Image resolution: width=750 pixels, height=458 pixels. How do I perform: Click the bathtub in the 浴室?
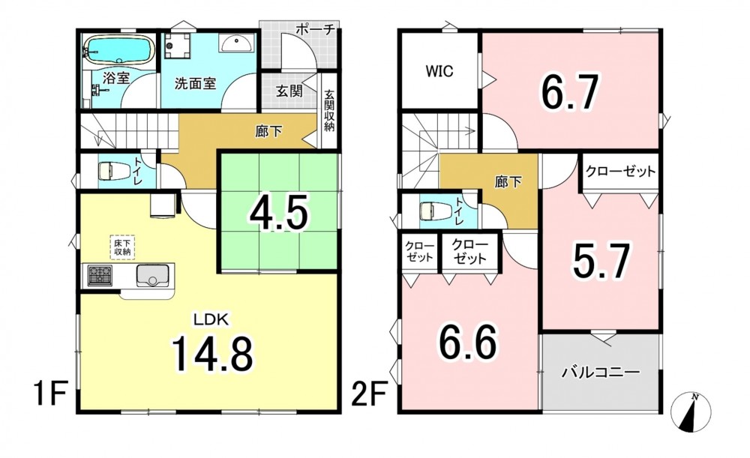pos(118,49)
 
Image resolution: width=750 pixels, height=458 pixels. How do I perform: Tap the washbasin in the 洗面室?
pos(236,43)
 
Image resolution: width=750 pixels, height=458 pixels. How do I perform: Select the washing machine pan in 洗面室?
pos(178,45)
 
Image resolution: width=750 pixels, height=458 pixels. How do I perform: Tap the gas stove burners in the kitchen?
pos(100,275)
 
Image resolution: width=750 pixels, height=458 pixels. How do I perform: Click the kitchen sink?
pos(152,276)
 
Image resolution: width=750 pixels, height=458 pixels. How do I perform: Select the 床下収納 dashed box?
pos(123,247)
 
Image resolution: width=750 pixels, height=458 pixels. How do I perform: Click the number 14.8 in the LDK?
pos(212,354)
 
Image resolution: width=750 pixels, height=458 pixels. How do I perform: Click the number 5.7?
pos(601,261)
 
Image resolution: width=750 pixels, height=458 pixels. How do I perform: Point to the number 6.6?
pos(468,343)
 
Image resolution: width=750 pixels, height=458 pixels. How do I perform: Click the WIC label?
pos(439,71)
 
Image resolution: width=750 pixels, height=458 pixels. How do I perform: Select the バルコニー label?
pos(601,372)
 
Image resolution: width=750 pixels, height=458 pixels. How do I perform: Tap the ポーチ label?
pos(314,29)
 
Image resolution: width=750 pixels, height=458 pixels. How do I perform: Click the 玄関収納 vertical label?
pos(329,111)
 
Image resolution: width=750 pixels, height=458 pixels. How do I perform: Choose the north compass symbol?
pos(691,412)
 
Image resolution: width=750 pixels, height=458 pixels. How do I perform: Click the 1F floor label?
pos(49,394)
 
